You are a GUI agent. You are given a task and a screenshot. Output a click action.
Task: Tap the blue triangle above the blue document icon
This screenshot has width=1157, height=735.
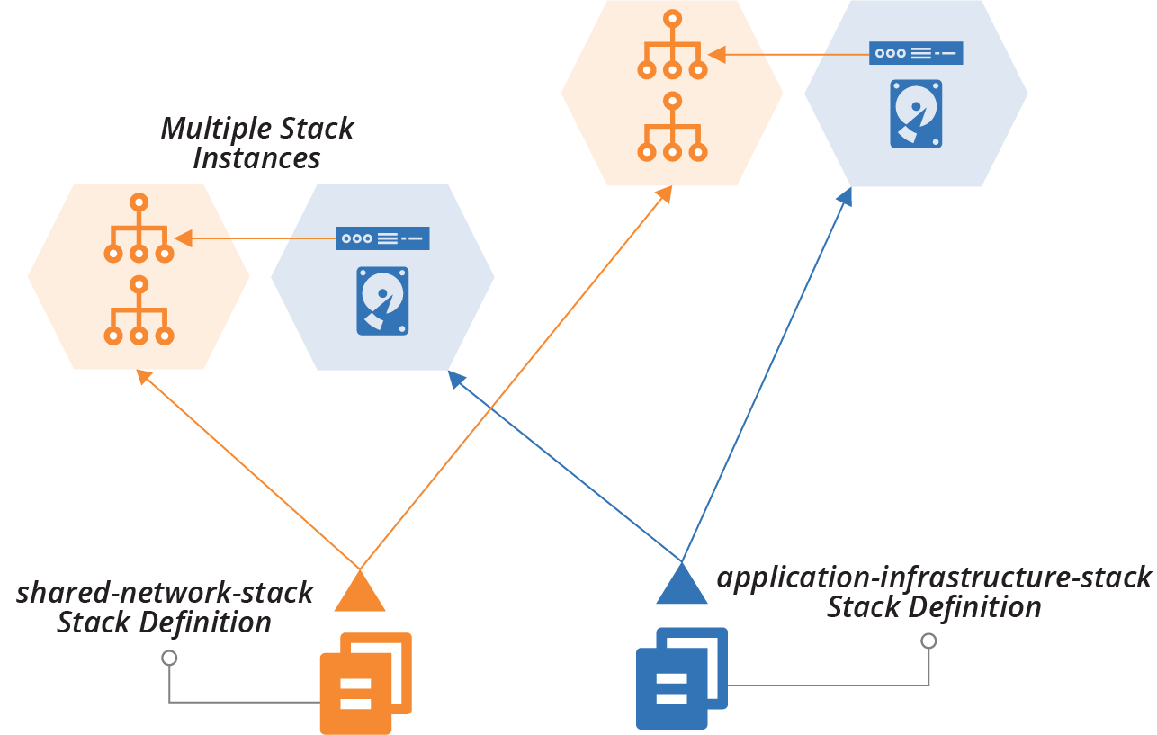click(682, 587)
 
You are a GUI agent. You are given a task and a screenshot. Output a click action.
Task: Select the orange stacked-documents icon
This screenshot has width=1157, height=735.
click(365, 683)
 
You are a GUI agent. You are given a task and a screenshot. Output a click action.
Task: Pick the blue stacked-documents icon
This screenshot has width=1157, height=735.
click(681, 677)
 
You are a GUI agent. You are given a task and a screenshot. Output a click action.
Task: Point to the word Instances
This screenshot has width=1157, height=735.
click(256, 159)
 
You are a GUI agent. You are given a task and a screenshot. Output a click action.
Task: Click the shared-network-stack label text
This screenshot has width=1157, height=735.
click(165, 593)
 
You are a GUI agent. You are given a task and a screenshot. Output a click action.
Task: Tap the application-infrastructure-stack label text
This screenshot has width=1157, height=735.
click(934, 577)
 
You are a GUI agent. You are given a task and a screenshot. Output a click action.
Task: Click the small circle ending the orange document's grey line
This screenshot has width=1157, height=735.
click(168, 658)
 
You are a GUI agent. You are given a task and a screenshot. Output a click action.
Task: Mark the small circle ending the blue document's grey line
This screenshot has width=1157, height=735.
click(928, 641)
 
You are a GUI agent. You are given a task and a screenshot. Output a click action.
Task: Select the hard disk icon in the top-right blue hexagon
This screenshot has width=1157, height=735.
click(916, 113)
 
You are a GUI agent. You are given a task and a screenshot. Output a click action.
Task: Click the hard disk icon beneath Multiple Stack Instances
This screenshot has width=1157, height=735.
click(382, 300)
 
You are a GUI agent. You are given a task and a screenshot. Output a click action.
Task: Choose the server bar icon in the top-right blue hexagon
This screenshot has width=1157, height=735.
click(916, 53)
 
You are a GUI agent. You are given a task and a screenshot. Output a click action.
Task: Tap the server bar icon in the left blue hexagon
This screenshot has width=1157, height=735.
click(382, 238)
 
